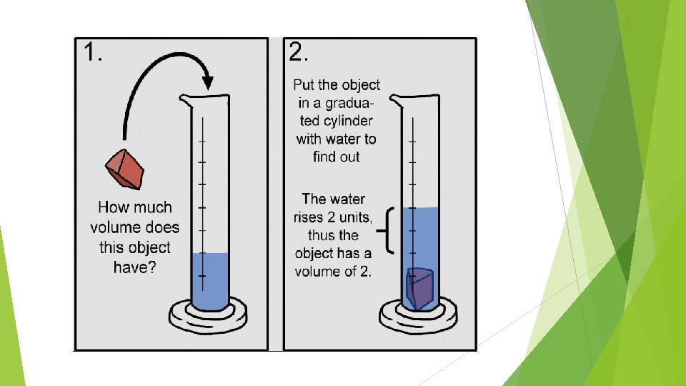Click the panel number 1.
93,53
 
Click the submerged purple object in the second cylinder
419,288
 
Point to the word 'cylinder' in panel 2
336,121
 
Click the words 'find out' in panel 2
336,157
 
